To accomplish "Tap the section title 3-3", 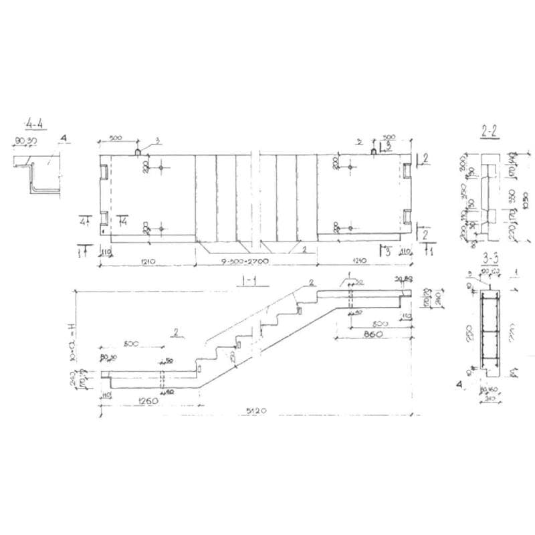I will (490, 256).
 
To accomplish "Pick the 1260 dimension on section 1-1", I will (148, 402).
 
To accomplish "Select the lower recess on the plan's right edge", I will (407, 217).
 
